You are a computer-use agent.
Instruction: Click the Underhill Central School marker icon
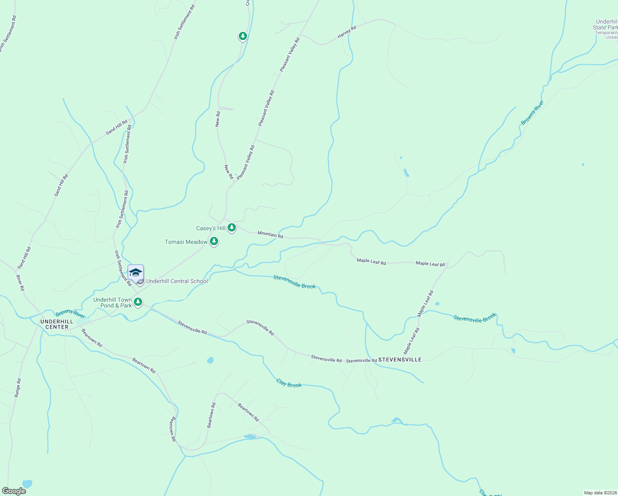pyautogui.click(x=135, y=273)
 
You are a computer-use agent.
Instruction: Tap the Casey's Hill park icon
pyautogui.click(x=232, y=227)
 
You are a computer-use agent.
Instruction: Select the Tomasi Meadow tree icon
pyautogui.click(x=214, y=241)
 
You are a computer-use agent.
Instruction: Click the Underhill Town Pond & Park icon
pyautogui.click(x=138, y=302)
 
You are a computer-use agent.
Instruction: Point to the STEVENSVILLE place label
pyautogui.click(x=400, y=360)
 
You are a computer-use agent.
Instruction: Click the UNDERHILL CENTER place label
pyautogui.click(x=57, y=324)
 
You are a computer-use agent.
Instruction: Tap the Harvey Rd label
pyautogui.click(x=347, y=32)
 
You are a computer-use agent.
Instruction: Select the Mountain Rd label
pyautogui.click(x=270, y=234)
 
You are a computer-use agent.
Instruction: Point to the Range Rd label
pyautogui.click(x=17, y=388)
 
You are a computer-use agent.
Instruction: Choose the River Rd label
pyautogui.click(x=20, y=283)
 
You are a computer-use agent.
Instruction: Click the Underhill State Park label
pyautogui.click(x=606, y=25)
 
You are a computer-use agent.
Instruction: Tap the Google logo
pyautogui.click(x=14, y=491)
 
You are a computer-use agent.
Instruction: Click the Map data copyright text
pyautogui.click(x=600, y=493)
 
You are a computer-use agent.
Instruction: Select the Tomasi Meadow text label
pyautogui.click(x=186, y=242)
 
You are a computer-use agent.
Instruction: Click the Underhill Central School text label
pyautogui.click(x=177, y=281)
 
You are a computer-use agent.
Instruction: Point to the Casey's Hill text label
pyautogui.click(x=211, y=228)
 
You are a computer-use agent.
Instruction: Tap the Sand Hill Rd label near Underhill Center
pyautogui.click(x=24, y=258)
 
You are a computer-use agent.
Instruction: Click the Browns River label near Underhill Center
pyautogui.click(x=70, y=313)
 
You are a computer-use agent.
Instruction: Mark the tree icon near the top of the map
pyautogui.click(x=243, y=36)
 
